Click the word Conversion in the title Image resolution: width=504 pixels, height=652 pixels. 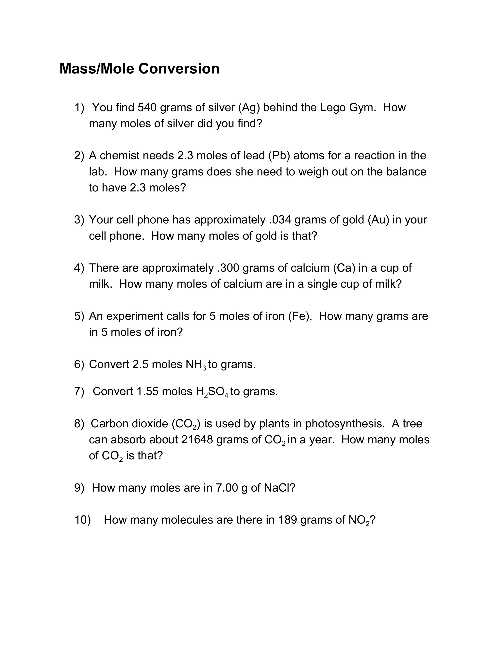(179, 69)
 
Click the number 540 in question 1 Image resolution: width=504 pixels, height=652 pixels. (147, 107)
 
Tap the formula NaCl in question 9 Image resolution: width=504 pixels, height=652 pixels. (277, 488)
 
